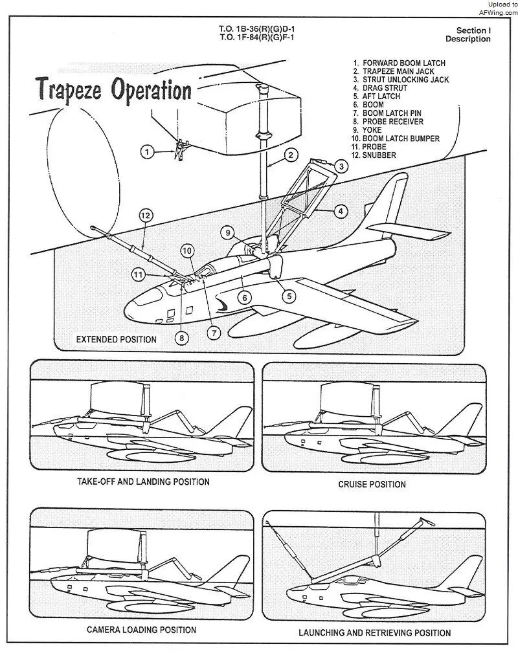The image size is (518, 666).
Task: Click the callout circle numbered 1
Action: click(x=148, y=151)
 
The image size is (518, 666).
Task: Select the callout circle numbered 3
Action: click(x=343, y=166)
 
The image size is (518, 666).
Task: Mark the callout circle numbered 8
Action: click(x=183, y=337)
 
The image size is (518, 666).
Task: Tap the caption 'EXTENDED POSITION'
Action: click(x=117, y=339)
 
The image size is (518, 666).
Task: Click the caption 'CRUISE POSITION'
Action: click(x=372, y=484)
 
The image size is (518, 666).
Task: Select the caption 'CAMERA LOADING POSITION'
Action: click(x=142, y=630)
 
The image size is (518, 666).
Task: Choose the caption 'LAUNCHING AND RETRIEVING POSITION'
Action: click(x=375, y=632)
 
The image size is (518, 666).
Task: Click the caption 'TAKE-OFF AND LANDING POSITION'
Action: click(x=143, y=482)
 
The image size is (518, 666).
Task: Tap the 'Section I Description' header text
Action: click(x=473, y=35)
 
